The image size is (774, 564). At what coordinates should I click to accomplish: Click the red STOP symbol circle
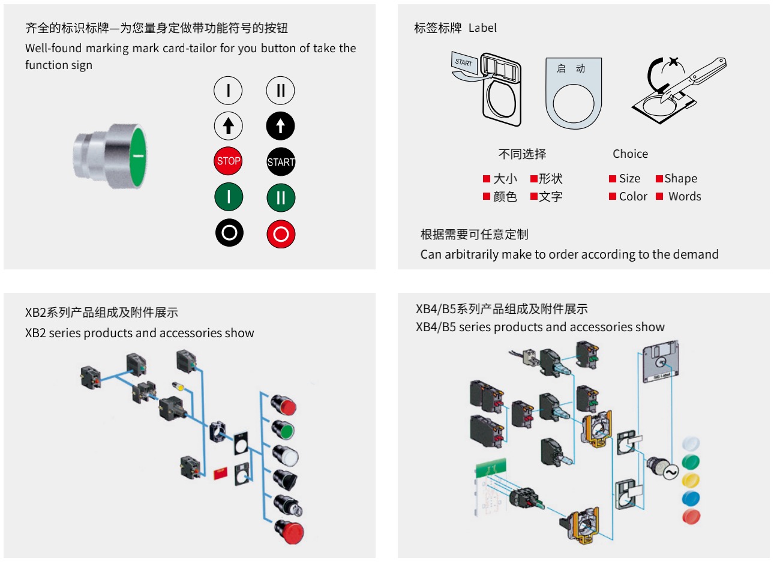pyautogui.click(x=228, y=161)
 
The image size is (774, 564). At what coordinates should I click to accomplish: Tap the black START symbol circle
pyautogui.click(x=281, y=161)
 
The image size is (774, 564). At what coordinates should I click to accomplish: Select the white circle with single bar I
pyautogui.click(x=228, y=91)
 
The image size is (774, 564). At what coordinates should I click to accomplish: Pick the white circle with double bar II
pyautogui.click(x=280, y=91)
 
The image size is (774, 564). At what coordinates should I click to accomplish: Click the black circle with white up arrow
pyautogui.click(x=280, y=126)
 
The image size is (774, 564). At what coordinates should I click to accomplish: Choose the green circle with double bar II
pyautogui.click(x=281, y=197)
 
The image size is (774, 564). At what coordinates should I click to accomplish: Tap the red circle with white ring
pyautogui.click(x=281, y=233)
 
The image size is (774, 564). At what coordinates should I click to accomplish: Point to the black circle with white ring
pyautogui.click(x=229, y=233)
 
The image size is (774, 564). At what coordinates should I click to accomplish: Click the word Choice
pyautogui.click(x=630, y=154)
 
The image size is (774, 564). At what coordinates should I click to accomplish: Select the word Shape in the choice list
pyautogui.click(x=680, y=178)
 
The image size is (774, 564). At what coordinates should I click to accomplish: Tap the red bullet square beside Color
pyautogui.click(x=613, y=196)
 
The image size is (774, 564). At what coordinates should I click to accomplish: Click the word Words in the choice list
pyautogui.click(x=685, y=196)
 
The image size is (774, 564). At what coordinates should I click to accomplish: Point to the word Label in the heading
pyautogui.click(x=482, y=28)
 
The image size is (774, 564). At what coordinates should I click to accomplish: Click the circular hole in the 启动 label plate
pyautogui.click(x=574, y=103)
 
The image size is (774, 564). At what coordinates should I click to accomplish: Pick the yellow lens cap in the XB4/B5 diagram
pyautogui.click(x=691, y=480)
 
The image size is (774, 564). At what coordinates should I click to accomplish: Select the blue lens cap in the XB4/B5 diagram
pyautogui.click(x=691, y=498)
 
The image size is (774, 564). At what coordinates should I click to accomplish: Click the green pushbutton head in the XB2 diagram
pyautogui.click(x=284, y=430)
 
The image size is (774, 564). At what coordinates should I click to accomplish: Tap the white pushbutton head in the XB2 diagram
pyautogui.click(x=286, y=457)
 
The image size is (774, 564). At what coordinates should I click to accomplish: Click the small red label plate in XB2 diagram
pyautogui.click(x=221, y=473)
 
